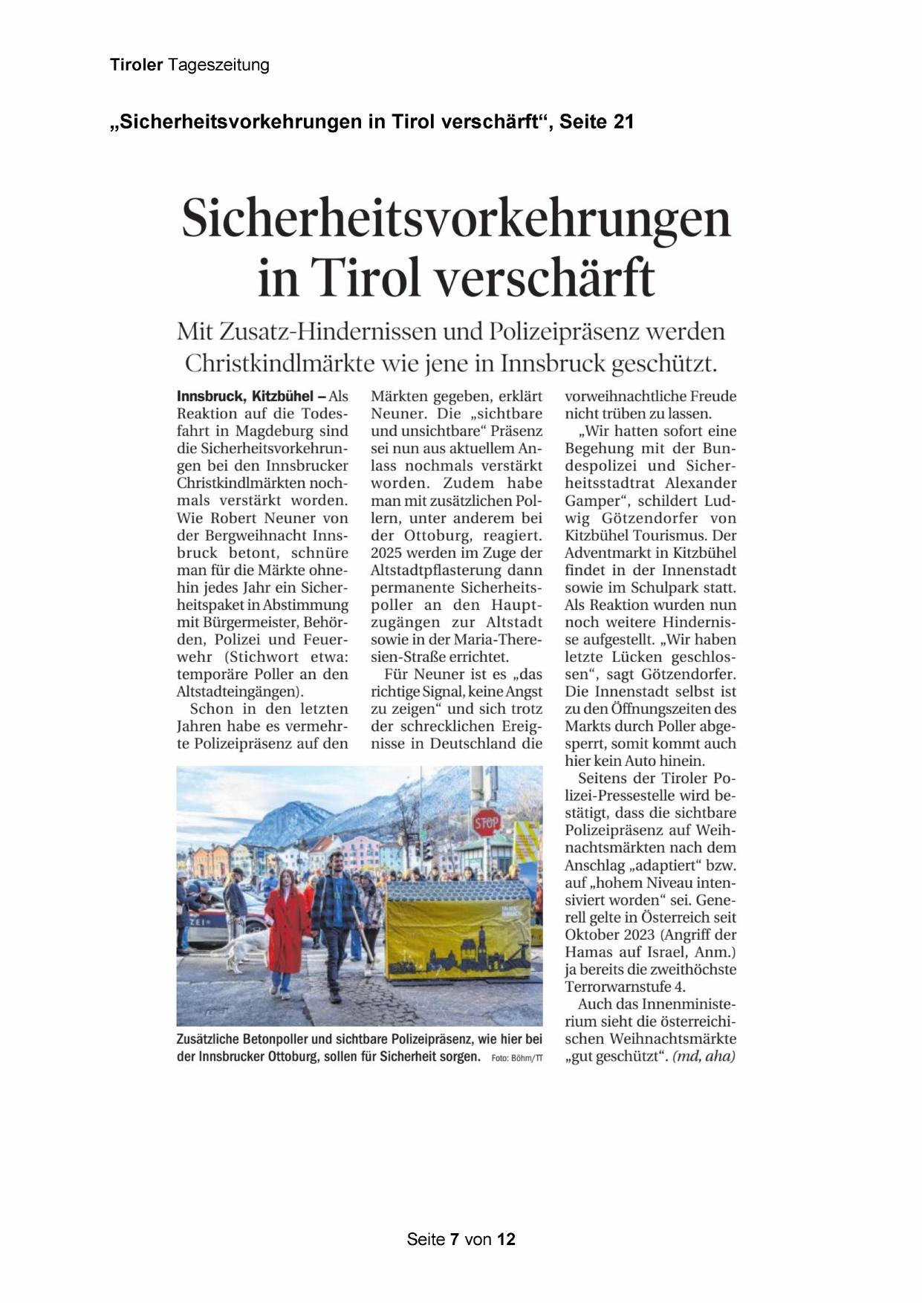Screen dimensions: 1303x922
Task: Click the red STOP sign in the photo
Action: tap(487, 822)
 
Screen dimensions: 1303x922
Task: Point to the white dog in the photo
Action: tap(239, 952)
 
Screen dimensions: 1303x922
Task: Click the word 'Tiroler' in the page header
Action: tap(136, 65)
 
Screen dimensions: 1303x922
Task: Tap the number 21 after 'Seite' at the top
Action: tap(623, 122)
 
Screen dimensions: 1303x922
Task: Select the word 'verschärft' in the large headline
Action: tap(544, 277)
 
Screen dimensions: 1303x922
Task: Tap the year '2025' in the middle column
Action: tap(386, 553)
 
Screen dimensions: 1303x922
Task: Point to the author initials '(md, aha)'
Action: tap(703, 1056)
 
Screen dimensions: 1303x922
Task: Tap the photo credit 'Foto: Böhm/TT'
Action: tap(516, 1058)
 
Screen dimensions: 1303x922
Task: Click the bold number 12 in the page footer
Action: tap(506, 1239)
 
